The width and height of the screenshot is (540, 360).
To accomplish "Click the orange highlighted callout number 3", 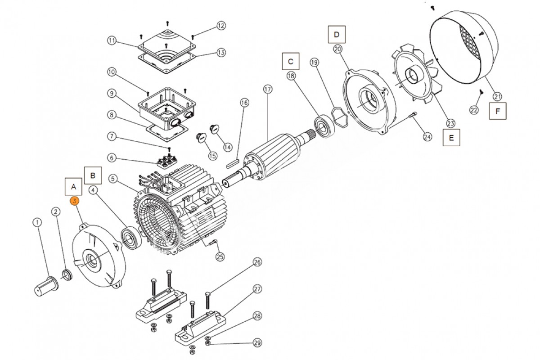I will point(74,201).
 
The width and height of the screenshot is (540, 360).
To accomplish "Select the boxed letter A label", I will point(74,186).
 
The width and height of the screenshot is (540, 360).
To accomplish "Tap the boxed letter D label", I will point(337,34).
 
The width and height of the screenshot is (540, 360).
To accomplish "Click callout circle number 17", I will point(268,89).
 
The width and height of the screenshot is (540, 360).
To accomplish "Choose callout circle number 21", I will point(497,96).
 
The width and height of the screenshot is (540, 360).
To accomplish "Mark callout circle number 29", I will point(257,343).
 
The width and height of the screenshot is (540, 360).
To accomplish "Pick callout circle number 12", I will point(221,26).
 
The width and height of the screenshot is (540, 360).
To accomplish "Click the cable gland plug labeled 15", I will point(202,136).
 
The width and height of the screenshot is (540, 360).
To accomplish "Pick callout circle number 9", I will point(112,94).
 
